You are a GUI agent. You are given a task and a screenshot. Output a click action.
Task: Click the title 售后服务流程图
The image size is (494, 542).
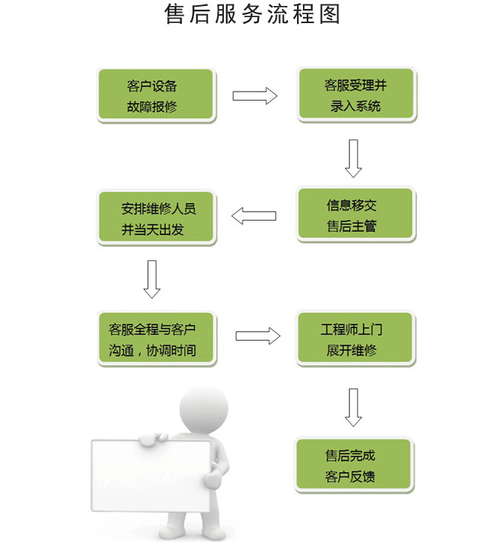(252, 15)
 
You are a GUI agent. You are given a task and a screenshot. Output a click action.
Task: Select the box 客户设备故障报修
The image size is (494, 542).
(156, 95)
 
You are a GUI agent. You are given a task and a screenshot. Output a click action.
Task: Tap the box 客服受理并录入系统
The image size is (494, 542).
(356, 94)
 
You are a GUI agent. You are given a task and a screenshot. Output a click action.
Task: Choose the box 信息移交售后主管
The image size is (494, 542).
(355, 214)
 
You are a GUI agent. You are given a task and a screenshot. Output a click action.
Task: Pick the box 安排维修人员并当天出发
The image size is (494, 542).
(157, 218)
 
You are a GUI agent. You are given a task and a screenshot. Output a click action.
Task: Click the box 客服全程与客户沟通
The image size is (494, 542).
(157, 338)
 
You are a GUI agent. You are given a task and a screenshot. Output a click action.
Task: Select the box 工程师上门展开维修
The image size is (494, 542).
(355, 338)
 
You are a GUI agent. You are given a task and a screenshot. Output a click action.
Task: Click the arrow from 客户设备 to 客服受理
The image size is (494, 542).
(254, 95)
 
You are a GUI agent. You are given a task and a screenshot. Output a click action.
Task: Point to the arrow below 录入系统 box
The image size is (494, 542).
(353, 158)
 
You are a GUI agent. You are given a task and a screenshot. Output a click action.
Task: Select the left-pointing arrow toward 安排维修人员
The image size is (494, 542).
(254, 216)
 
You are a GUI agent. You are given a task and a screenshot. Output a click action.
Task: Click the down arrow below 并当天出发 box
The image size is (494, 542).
(152, 278)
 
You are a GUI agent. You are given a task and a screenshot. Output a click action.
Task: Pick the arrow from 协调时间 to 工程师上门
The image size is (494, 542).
(257, 336)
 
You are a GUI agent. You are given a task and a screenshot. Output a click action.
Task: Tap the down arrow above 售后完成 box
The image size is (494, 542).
(353, 406)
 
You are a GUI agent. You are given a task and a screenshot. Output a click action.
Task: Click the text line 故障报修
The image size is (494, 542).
(151, 107)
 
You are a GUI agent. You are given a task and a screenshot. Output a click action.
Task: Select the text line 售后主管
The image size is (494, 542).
(351, 226)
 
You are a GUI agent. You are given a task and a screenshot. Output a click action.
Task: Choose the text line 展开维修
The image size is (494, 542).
(351, 349)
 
